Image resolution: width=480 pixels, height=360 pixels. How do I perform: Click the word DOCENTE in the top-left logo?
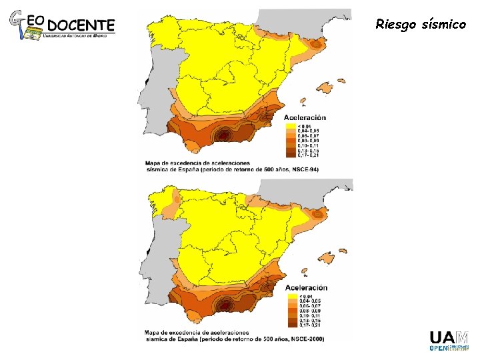[x=82, y=25]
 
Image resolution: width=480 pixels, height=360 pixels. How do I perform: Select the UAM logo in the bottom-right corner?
[x=447, y=339]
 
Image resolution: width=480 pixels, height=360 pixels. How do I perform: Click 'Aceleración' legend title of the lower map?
[x=306, y=287]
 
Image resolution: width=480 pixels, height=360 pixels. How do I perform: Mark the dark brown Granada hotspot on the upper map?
[x=225, y=134]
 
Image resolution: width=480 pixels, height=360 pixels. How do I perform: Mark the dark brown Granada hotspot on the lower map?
[x=225, y=304]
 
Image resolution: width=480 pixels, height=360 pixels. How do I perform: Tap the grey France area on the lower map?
[x=313, y=189]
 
